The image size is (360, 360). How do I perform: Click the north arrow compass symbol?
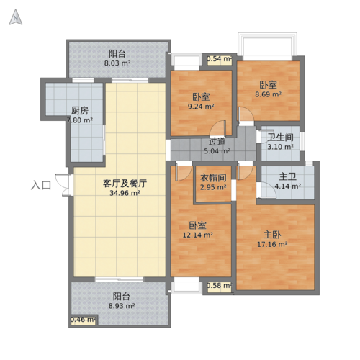(14, 19)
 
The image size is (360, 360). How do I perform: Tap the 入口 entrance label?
(41, 185)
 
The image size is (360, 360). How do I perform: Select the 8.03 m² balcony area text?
(117, 63)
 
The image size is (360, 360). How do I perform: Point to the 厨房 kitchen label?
(80, 111)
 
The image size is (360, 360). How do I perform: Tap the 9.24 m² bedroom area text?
(201, 107)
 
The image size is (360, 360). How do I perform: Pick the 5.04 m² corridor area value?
(217, 151)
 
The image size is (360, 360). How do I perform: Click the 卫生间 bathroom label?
(280, 138)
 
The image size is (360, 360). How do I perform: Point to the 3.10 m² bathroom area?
(280, 147)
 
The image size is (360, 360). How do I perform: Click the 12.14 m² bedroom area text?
(198, 235)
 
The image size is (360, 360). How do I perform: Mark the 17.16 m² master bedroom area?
(273, 244)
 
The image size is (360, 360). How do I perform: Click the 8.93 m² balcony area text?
(121, 306)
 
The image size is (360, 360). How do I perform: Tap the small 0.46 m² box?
(83, 319)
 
